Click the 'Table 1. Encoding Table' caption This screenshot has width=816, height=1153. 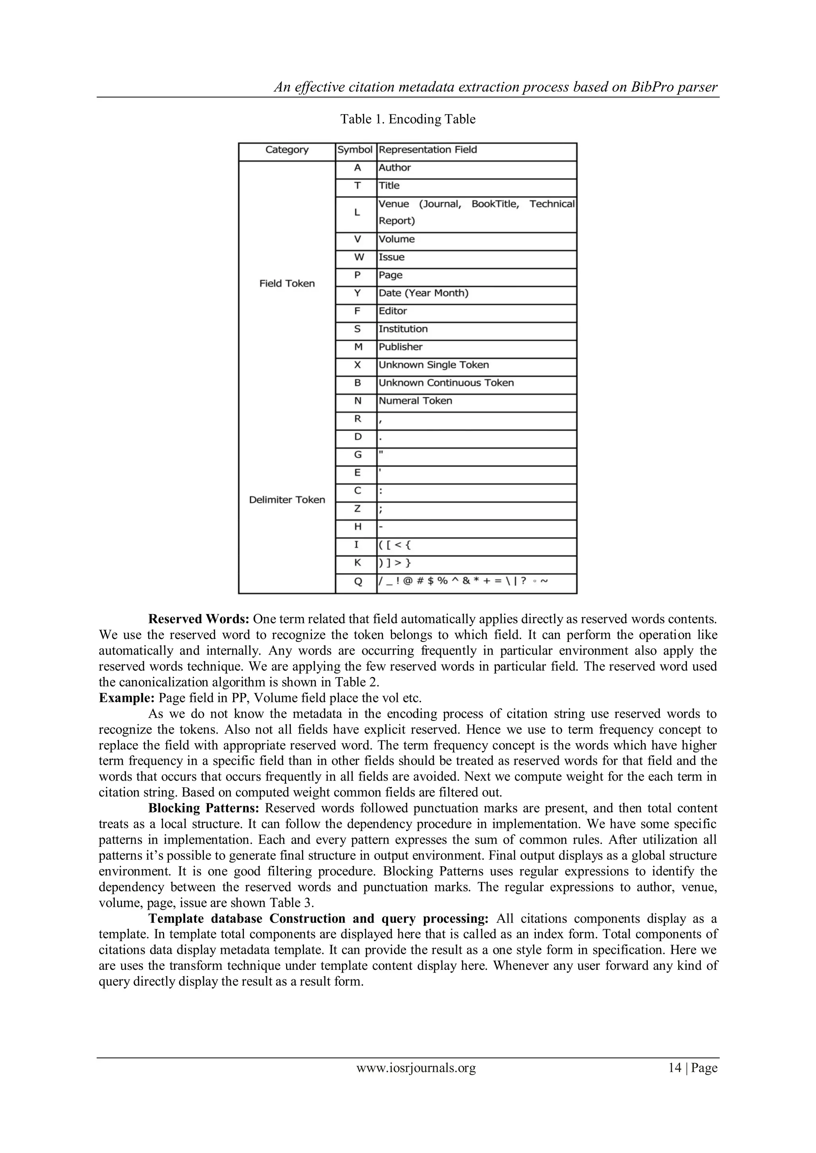[408, 119]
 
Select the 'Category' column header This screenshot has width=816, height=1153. [286, 150]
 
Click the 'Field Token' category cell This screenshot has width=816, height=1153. [287, 284]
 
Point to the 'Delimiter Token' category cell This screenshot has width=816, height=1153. [287, 500]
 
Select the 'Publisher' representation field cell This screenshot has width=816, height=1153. [400, 347]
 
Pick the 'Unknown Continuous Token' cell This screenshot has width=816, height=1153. [446, 383]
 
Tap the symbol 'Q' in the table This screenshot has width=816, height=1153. [358, 581]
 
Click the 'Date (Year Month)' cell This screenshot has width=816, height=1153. [423, 293]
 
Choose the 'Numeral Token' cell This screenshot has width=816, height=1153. [415, 401]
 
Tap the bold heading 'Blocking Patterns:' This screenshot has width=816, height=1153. [204, 808]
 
